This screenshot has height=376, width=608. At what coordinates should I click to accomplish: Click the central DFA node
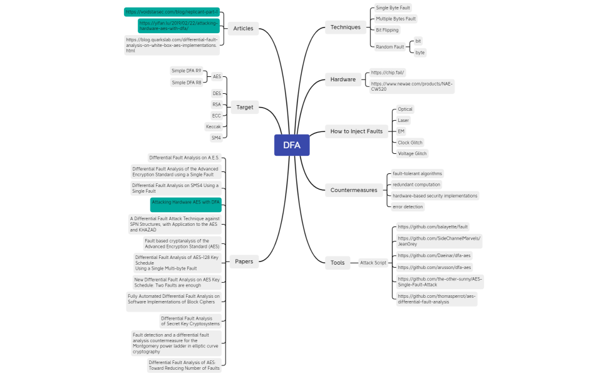291,145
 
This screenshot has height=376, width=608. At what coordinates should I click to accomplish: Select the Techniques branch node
346,27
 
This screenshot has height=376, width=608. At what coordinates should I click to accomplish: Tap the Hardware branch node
343,79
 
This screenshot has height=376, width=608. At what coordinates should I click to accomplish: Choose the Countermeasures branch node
353,190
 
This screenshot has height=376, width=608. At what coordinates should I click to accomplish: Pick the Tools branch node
337,262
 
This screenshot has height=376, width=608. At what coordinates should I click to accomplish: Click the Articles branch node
243,28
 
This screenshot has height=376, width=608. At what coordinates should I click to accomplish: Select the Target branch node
245,107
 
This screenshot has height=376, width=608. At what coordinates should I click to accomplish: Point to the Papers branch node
244,262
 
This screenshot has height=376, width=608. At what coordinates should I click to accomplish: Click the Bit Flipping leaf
387,30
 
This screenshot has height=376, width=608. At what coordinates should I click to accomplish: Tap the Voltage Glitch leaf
412,153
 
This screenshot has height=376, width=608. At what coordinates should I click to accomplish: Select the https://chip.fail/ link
388,73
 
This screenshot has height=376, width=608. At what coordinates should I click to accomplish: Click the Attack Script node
373,263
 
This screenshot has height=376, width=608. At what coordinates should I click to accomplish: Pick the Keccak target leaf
214,126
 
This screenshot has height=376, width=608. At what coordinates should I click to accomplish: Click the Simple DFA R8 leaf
187,83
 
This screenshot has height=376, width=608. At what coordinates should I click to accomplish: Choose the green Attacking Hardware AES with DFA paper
185,202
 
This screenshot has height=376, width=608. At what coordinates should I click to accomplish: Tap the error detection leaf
408,206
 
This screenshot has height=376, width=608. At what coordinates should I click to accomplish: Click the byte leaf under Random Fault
420,53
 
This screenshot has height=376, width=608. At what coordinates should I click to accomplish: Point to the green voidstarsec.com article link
172,12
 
